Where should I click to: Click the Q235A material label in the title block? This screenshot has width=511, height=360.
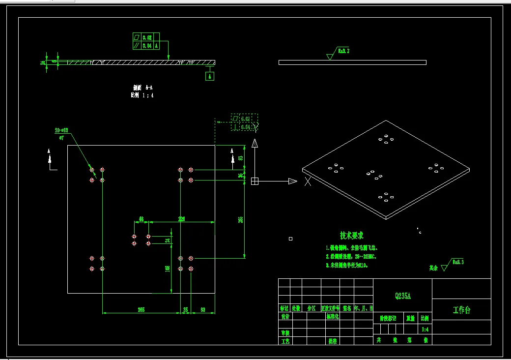403,296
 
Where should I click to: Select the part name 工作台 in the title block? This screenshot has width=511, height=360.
461,310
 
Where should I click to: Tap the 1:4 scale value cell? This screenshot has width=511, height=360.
425,329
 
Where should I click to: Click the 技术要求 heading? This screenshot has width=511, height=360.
352,236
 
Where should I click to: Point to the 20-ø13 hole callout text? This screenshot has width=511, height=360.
61,131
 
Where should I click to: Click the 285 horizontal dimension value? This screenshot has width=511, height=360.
141,310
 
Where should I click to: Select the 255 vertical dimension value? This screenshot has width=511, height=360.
241,220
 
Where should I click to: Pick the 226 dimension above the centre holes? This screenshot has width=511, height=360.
181,219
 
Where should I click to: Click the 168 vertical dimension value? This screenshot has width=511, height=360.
168,269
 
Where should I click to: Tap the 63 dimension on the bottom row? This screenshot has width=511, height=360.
203,310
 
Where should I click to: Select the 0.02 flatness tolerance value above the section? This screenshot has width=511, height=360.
147,37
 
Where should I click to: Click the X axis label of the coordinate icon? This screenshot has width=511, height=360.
308,182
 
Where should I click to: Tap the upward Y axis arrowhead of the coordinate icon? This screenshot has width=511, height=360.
255,143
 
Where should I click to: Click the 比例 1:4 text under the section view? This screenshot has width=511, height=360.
142,95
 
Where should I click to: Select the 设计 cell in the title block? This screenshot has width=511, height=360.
284,317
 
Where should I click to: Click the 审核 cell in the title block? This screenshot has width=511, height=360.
284,332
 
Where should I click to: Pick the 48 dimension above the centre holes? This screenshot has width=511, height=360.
141,219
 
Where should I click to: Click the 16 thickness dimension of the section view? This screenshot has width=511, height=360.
43,62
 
